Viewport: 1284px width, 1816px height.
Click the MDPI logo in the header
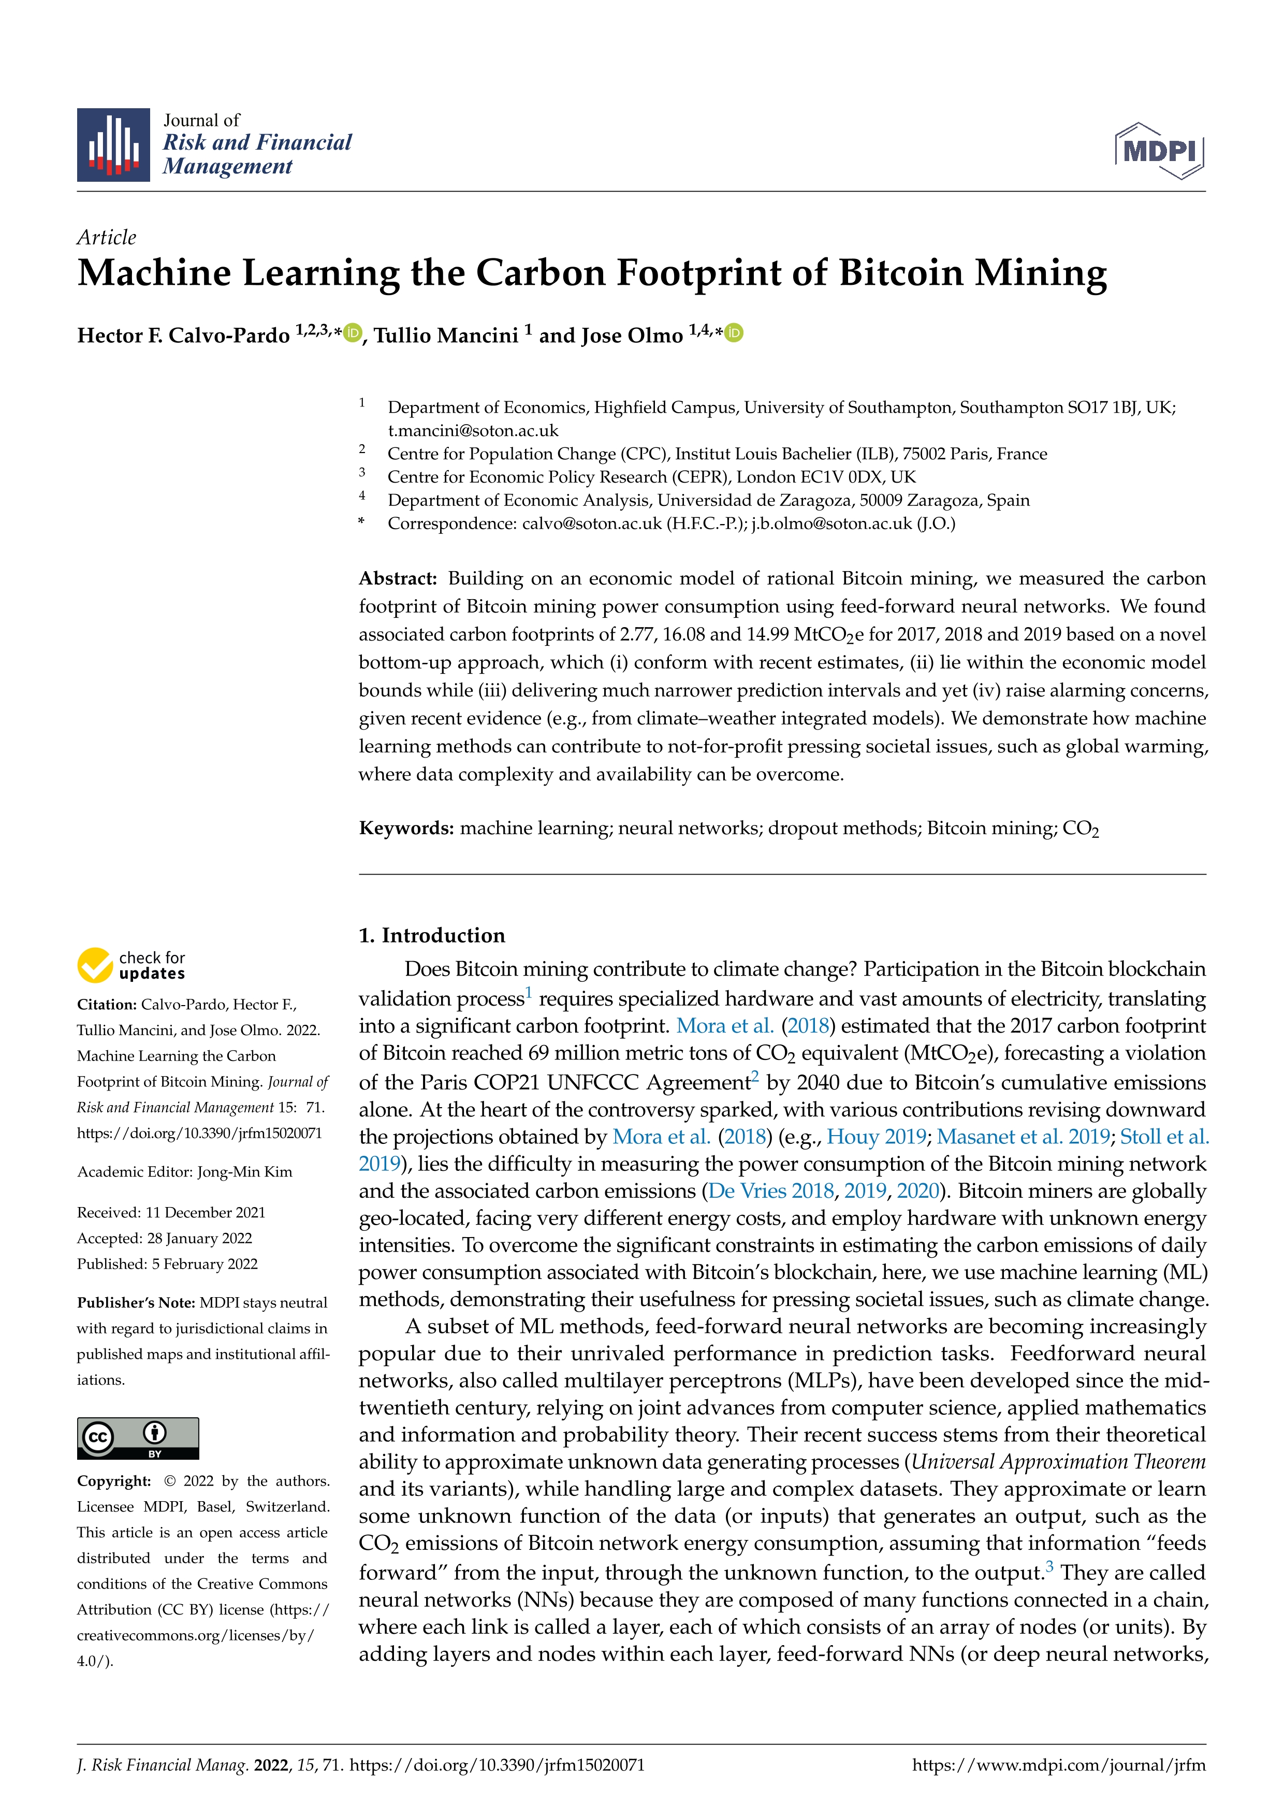point(1159,150)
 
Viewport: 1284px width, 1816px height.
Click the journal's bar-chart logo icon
point(113,145)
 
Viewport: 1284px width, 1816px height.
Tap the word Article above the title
point(106,237)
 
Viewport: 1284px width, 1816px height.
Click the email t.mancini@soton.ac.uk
point(473,430)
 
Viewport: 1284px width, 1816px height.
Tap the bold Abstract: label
point(398,578)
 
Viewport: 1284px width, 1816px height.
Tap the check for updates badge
point(131,965)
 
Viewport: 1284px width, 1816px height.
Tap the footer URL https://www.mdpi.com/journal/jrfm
point(1059,1765)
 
